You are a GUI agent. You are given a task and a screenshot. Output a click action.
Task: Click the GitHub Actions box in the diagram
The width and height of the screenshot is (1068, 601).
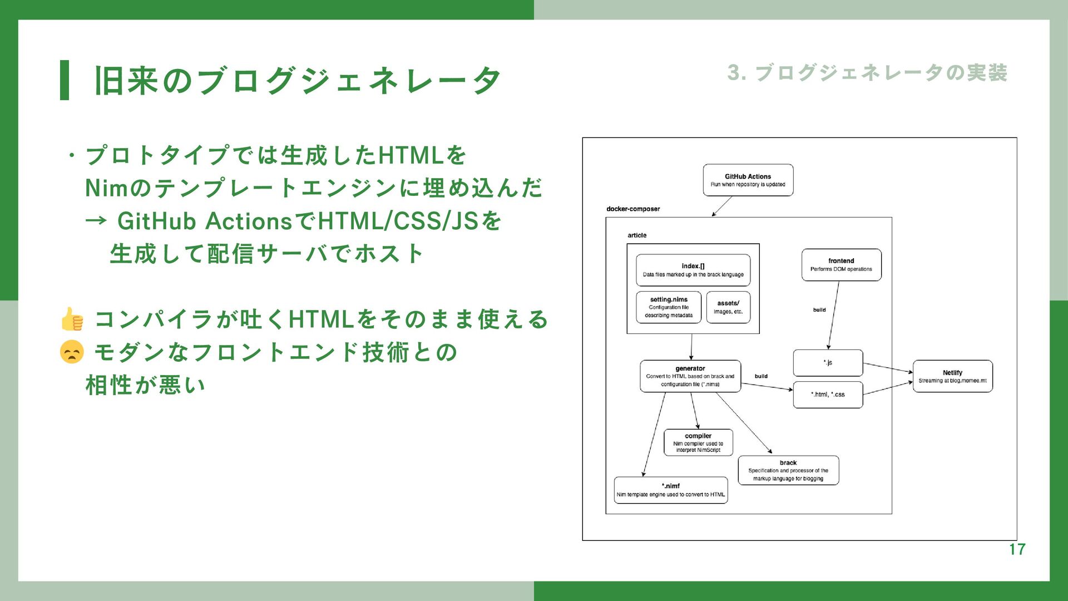pos(748,180)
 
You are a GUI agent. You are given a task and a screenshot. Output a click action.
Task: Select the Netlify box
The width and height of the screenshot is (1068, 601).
pos(952,376)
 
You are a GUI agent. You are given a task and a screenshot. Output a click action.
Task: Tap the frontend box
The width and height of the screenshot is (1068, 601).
pos(841,265)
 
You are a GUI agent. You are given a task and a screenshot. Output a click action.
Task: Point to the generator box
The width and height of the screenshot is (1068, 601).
pos(690,376)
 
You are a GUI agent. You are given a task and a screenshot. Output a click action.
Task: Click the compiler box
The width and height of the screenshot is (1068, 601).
pos(698,442)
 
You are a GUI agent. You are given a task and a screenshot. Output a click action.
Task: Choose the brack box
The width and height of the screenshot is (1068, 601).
pos(788,470)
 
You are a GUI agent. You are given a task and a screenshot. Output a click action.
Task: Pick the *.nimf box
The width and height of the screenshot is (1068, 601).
pos(671,490)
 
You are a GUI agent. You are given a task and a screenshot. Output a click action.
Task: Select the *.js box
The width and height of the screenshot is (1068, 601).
pos(828,363)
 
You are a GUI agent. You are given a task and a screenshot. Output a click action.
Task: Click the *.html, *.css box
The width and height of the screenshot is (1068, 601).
pos(828,395)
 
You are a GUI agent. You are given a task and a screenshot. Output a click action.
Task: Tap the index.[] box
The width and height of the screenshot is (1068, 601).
pos(693,270)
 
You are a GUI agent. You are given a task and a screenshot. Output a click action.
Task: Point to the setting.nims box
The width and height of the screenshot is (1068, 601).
pos(669,307)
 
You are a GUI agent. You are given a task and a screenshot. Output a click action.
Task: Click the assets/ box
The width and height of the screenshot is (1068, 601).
pos(728,307)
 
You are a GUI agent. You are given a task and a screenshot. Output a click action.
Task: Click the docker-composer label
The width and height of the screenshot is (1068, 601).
pos(633,209)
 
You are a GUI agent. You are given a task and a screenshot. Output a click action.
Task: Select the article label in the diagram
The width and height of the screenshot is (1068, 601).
pos(637,235)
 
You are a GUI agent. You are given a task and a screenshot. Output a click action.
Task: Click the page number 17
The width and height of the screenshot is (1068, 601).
pos(1017,550)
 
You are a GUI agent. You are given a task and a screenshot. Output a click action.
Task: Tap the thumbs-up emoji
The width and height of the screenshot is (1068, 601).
pos(72,319)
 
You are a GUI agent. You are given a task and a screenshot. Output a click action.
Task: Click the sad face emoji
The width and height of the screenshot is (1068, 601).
pos(72,352)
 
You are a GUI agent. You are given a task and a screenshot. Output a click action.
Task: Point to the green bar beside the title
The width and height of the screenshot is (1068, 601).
pos(65,80)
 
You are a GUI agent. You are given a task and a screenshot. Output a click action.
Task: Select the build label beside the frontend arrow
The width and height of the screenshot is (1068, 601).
pos(819,310)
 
